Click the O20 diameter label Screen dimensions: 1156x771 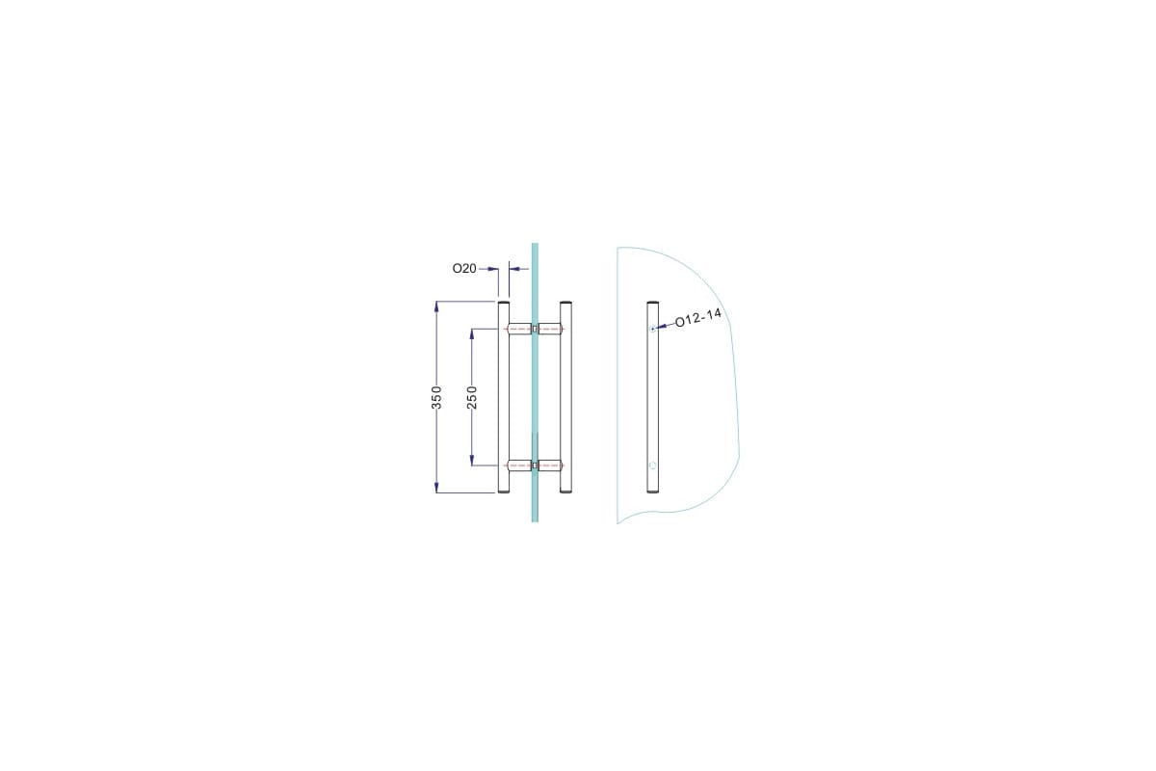tap(464, 269)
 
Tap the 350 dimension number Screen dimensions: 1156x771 tap(436, 397)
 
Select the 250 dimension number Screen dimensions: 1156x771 tap(472, 397)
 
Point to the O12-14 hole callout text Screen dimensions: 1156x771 tap(697, 318)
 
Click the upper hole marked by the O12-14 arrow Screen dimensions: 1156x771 tap(653, 329)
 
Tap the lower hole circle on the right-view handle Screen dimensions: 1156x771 tap(653, 465)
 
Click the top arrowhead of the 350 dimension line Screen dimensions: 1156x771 tap(436, 306)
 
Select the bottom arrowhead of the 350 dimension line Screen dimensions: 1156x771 tap(436, 488)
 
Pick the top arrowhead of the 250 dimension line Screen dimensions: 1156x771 tap(472, 334)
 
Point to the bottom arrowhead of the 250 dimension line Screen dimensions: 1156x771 tap(472, 460)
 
